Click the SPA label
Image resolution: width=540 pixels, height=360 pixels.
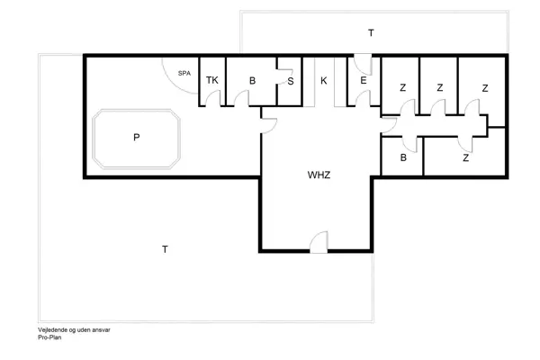click(x=184, y=73)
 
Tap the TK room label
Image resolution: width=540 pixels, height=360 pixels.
click(x=212, y=80)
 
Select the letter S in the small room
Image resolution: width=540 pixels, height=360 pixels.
click(x=290, y=81)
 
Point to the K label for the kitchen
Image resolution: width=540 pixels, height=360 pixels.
click(x=322, y=81)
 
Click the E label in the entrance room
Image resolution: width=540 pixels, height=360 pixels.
click(x=363, y=81)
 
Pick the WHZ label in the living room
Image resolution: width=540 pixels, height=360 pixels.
click(x=319, y=175)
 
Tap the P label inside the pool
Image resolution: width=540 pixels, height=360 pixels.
click(x=136, y=138)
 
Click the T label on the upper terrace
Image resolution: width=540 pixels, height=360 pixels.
click(x=370, y=33)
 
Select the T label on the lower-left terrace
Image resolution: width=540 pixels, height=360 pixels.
click(x=164, y=247)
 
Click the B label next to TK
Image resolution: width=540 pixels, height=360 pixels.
click(x=253, y=81)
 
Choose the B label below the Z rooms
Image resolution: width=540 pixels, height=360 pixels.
click(x=403, y=158)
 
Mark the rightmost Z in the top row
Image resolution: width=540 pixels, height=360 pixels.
click(x=485, y=87)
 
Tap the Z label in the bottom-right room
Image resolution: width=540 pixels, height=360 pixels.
click(x=465, y=158)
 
